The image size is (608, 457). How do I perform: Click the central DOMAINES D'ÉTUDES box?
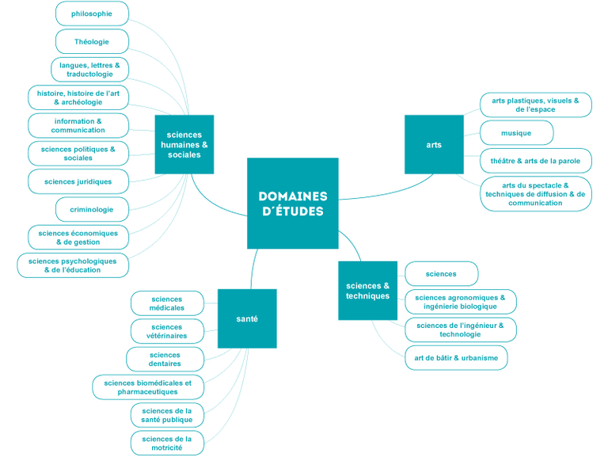point(292,203)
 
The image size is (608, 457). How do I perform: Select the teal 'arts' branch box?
point(434,145)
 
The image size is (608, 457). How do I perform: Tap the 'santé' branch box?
point(247,318)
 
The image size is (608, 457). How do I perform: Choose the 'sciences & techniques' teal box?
point(367,291)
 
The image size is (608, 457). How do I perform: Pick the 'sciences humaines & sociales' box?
point(184,145)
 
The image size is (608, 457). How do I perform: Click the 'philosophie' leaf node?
point(92,13)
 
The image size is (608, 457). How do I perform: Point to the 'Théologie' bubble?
point(92,41)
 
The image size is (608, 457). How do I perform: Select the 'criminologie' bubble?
point(92,210)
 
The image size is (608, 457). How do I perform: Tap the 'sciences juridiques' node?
point(78,181)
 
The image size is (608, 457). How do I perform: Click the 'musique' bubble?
point(516,133)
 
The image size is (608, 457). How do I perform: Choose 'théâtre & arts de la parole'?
point(535,161)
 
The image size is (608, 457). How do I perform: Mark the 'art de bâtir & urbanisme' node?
point(456,358)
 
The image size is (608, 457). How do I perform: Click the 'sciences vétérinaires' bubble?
point(166,331)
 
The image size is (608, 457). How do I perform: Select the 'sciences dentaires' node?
point(165,360)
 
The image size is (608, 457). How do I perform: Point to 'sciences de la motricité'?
point(167,444)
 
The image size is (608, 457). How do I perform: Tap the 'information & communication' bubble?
point(78,125)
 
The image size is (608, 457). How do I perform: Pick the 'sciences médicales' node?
point(166,303)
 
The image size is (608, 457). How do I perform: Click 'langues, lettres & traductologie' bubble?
point(89,70)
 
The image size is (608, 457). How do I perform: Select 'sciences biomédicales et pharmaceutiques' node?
point(148,387)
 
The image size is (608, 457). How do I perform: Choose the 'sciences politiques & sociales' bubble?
point(78,154)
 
